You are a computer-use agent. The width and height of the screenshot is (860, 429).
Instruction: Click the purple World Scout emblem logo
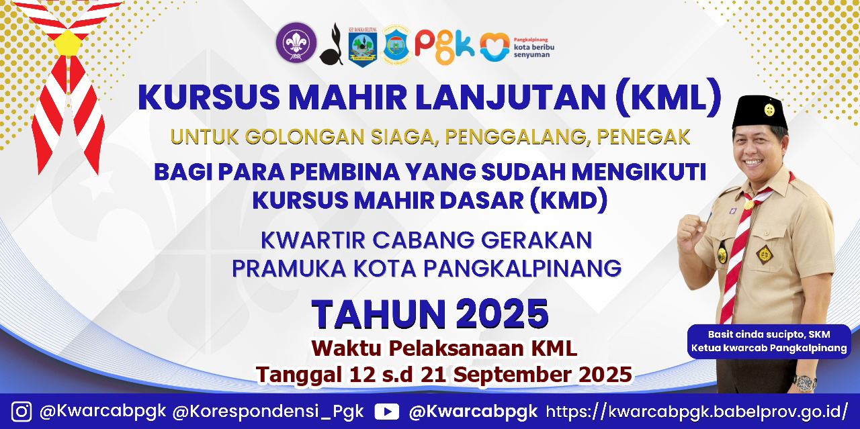point(296,42)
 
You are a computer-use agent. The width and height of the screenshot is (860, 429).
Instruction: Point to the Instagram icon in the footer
point(21,412)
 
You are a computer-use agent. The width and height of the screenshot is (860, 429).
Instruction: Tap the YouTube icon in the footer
point(386,412)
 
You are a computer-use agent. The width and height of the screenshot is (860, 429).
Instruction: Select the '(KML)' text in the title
point(668,97)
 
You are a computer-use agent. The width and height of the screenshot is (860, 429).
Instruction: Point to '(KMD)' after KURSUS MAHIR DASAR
point(569,199)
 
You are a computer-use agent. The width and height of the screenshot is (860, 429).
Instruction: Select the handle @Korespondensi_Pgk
point(268,412)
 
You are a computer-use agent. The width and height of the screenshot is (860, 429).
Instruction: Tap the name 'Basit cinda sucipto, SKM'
point(769,334)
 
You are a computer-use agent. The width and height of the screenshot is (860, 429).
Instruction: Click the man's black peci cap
point(759,111)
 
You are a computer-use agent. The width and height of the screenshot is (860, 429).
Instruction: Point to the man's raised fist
point(691,232)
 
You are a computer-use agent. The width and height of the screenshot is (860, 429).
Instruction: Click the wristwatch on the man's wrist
point(805,382)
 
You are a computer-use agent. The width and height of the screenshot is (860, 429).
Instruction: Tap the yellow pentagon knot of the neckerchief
point(68,42)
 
